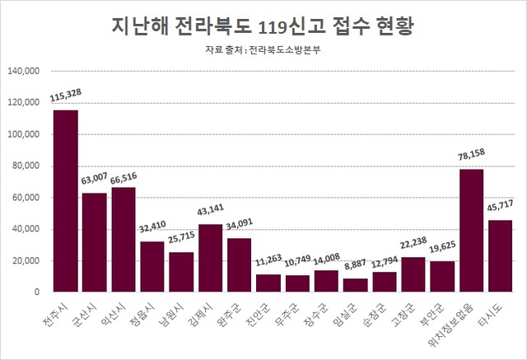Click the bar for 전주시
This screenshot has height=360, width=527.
click(x=66, y=201)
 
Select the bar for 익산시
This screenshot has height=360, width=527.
click(x=124, y=240)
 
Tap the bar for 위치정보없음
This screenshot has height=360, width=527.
click(x=471, y=231)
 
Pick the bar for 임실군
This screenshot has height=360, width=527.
click(x=356, y=285)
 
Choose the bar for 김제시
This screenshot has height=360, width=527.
click(x=211, y=258)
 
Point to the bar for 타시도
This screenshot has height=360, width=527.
click(x=501, y=256)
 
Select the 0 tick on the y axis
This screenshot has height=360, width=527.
click(x=36, y=292)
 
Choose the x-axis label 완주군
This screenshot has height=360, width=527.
click(x=236, y=311)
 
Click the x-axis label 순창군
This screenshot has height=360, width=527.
click(x=380, y=311)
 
